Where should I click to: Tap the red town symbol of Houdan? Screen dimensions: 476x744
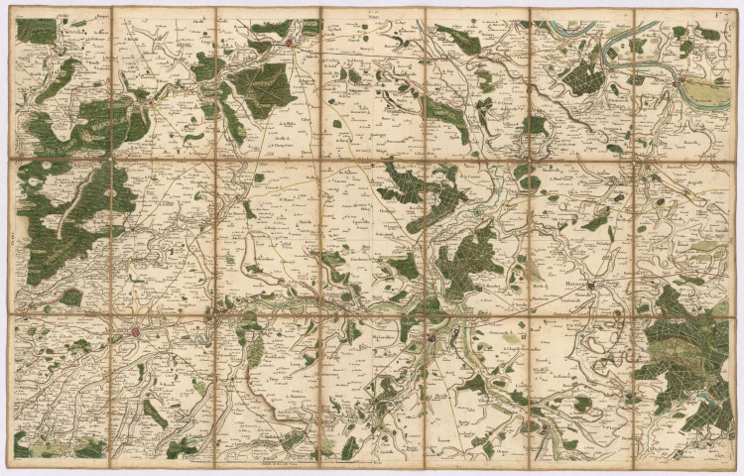(592, 288)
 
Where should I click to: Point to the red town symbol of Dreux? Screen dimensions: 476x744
(433, 340)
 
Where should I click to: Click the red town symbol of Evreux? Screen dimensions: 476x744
(289, 44)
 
